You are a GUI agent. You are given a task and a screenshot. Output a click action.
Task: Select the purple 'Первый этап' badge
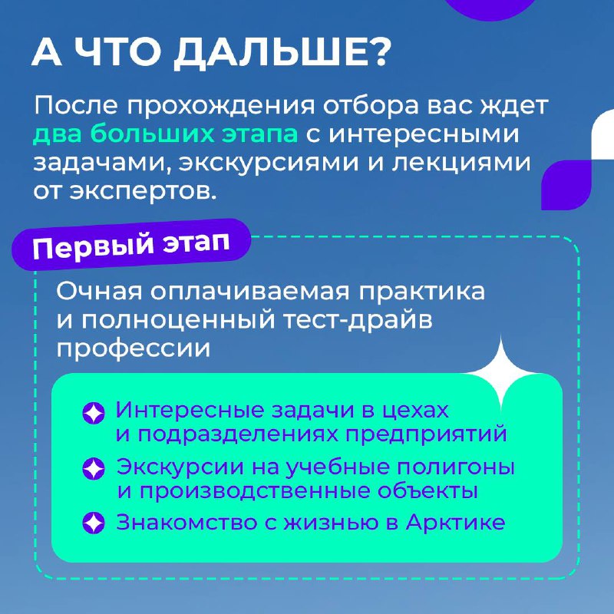(131, 244)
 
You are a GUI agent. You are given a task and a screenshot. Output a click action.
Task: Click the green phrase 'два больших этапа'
(165, 134)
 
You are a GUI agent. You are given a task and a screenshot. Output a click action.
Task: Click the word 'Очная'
(99, 292)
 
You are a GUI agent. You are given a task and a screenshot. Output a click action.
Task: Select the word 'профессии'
(133, 348)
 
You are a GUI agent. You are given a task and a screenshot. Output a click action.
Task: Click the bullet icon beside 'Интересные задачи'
(94, 413)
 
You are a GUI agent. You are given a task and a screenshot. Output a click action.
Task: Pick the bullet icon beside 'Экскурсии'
(94, 468)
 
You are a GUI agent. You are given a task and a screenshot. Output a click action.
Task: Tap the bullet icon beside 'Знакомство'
(94, 523)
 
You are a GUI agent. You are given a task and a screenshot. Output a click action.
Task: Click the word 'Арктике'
(455, 522)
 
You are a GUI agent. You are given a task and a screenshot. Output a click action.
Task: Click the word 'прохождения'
(220, 106)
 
